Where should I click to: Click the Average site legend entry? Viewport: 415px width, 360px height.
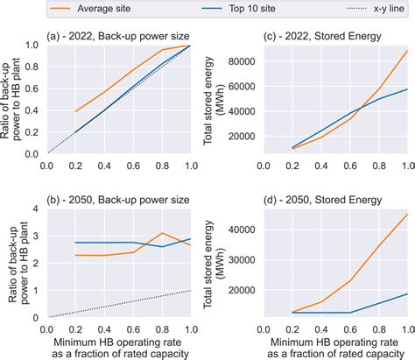click(90, 9)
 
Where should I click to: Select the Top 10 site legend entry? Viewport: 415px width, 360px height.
click(238, 9)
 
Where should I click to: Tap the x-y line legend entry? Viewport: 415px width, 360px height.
click(376, 9)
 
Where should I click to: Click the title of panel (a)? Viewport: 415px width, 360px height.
click(118, 36)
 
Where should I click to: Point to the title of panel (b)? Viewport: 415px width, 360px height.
click(118, 200)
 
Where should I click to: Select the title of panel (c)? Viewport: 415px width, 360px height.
click(322, 36)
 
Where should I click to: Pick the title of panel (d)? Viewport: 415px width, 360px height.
click(322, 200)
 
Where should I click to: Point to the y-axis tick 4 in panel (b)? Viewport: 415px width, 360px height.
click(36, 208)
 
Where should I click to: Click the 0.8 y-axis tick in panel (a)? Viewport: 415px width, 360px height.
click(32, 67)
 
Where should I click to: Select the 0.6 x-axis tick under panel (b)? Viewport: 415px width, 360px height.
click(133, 329)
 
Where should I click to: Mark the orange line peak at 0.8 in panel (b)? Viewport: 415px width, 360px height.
click(162, 233)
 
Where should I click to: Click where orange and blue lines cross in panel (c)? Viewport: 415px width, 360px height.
click(362, 108)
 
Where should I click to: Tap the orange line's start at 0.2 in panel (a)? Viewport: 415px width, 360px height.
click(75, 111)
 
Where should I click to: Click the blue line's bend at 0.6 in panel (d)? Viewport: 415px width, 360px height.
click(350, 313)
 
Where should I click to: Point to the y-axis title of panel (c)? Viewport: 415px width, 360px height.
click(214, 101)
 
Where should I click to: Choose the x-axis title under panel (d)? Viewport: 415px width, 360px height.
click(335, 348)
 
